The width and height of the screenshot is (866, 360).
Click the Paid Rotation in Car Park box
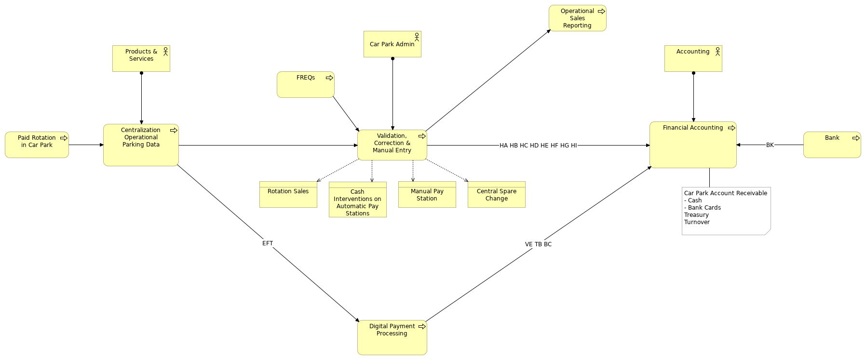(37, 145)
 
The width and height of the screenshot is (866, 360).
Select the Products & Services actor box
(141, 59)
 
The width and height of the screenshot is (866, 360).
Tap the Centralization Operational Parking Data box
(141, 145)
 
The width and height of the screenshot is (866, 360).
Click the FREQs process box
(305, 85)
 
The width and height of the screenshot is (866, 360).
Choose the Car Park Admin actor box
(392, 44)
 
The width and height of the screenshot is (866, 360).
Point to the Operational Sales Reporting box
(577, 18)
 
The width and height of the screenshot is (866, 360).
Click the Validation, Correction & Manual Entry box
(392, 145)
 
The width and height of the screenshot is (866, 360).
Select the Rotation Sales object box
(288, 195)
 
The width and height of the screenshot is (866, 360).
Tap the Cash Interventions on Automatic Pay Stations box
(357, 200)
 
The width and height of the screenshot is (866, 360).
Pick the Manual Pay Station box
(427, 195)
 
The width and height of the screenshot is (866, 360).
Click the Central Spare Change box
(496, 195)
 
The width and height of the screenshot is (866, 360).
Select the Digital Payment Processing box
(392, 337)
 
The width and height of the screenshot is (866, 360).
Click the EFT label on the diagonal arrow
(268, 243)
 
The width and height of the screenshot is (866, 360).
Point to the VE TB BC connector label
(538, 244)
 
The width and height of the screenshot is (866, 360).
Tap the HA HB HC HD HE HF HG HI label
(538, 146)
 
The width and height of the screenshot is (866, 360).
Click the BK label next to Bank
(770, 145)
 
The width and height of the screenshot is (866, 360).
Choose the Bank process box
(832, 145)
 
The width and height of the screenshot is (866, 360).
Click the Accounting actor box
(693, 59)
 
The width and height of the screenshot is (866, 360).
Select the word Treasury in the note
(696, 215)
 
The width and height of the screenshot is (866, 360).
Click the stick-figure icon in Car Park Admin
(417, 37)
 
